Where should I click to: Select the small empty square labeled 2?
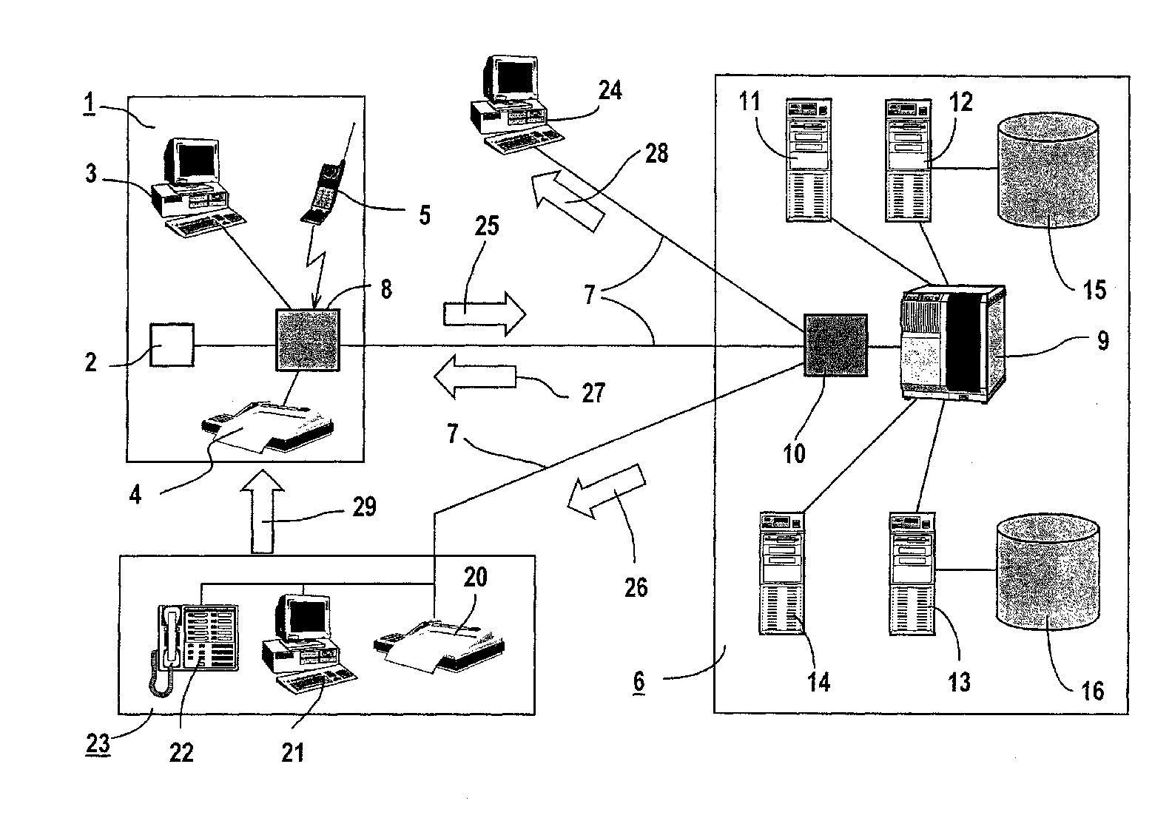click(172, 345)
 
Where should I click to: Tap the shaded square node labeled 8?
click(309, 340)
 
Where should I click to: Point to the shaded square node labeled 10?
click(835, 345)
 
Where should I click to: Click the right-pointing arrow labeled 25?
click(485, 314)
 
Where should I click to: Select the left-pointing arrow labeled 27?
click(475, 376)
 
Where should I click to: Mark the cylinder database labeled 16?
click(1048, 572)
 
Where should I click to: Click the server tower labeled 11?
click(809, 160)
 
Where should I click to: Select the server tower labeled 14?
click(781, 574)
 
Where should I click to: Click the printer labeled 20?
click(439, 646)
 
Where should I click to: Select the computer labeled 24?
click(516, 104)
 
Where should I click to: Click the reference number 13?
click(959, 683)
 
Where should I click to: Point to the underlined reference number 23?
click(98, 743)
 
